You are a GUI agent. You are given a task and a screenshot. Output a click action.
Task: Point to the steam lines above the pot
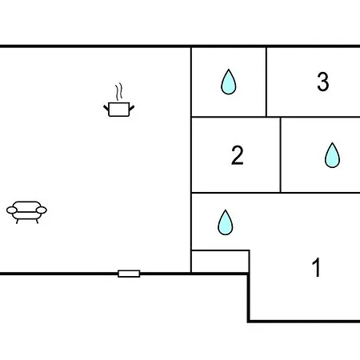click(119, 92)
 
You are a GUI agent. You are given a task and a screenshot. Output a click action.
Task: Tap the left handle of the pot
click(106, 108)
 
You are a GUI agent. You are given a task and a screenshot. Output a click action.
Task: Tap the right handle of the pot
click(132, 108)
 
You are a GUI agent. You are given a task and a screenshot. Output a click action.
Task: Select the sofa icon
click(26, 212)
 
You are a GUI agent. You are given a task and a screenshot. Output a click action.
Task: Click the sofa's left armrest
click(12, 210)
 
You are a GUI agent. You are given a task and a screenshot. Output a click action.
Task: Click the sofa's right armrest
click(42, 210)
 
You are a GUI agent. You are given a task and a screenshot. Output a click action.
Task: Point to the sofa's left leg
click(18, 221)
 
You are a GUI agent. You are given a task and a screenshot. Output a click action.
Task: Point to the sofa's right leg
click(37, 221)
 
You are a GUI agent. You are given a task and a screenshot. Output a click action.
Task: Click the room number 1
click(317, 267)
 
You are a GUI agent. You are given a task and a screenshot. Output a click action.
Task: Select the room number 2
click(237, 155)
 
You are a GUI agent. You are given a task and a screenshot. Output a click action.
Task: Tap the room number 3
click(323, 82)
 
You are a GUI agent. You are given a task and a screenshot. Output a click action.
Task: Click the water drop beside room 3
click(229, 82)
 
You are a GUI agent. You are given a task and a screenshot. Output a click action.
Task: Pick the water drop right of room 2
click(332, 155)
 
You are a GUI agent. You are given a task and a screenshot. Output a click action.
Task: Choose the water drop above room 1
click(226, 222)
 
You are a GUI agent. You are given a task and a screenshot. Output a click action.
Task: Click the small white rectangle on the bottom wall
click(129, 274)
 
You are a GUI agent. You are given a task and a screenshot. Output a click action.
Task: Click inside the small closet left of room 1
click(220, 262)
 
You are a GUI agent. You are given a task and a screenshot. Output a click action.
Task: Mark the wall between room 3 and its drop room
click(266, 82)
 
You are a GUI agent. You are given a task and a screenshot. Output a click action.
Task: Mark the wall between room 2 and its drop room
click(281, 154)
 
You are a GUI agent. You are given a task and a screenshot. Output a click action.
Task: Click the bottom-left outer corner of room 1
click(248, 322)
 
